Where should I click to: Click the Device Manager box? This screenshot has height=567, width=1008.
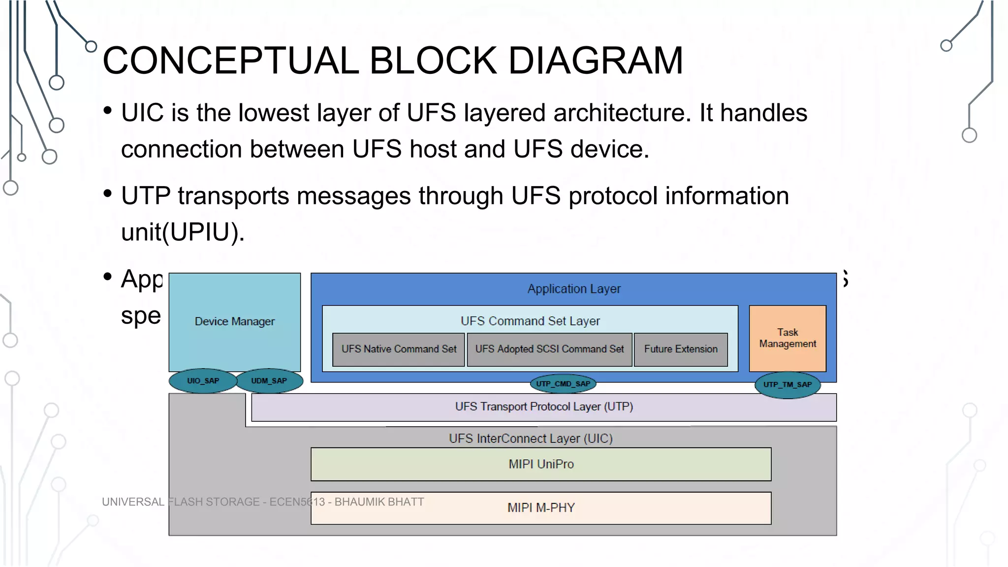(234, 321)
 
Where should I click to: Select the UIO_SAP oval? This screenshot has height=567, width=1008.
(203, 381)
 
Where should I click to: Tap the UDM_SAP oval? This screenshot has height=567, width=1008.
(269, 381)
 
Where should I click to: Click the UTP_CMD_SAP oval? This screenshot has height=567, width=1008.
(563, 384)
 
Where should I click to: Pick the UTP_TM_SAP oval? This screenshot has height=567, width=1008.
(787, 385)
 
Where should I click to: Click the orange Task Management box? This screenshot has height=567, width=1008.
(787, 338)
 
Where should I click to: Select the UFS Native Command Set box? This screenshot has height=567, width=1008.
(399, 349)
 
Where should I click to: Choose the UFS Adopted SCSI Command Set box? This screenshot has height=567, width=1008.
(549, 349)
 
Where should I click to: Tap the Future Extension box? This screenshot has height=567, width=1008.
(681, 349)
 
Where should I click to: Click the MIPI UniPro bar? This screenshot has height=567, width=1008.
(541, 464)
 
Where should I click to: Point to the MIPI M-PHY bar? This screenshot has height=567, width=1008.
(541, 508)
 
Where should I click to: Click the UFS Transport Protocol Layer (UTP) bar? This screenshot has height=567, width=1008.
(544, 407)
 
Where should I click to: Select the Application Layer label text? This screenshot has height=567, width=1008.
(574, 289)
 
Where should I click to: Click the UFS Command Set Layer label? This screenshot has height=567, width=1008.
(530, 321)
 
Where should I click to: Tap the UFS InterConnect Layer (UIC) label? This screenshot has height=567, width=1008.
(531, 439)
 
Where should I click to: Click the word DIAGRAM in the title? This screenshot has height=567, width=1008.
(596, 61)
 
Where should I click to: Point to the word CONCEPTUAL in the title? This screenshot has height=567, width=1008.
(231, 61)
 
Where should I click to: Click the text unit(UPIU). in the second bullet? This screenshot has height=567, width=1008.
(183, 232)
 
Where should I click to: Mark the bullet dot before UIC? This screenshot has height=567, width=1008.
(108, 110)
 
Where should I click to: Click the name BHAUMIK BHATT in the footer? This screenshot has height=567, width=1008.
(379, 502)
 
